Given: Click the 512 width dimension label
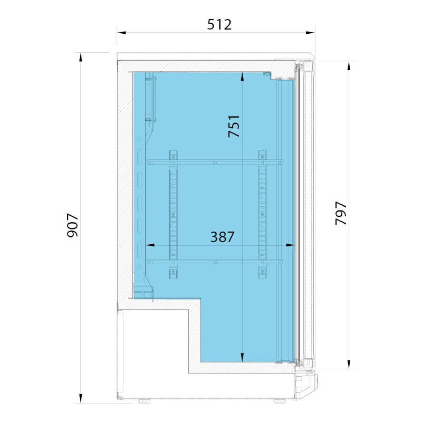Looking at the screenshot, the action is tap(219, 24).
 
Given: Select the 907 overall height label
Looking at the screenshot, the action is tap(72, 225).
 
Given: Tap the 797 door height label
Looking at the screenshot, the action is tap(341, 213).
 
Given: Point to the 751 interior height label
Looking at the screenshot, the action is tap(234, 126).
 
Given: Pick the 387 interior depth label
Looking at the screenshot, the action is tap(222, 237).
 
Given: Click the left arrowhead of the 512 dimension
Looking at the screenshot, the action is tap(122, 33).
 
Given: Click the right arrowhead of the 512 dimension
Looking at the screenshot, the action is tap(310, 33).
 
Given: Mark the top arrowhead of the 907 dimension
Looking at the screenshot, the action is tap(81, 57).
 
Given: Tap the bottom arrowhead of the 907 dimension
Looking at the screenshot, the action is tap(81, 398).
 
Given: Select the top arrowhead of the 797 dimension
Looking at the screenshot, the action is tap(349, 65).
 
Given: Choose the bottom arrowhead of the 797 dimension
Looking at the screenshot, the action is tap(349, 365).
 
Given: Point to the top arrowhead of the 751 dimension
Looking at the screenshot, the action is tap(242, 76).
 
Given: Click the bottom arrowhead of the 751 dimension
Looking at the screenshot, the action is tap(242, 358).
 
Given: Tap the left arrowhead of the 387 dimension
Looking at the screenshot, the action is tap(150, 245).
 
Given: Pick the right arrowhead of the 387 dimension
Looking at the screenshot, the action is tap(291, 245).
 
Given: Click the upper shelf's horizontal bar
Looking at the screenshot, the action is tap(215, 162).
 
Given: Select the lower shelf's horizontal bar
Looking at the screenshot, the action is tap(215, 262).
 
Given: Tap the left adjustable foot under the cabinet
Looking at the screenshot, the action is tap(144, 401).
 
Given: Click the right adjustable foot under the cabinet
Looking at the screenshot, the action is tap(280, 401).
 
